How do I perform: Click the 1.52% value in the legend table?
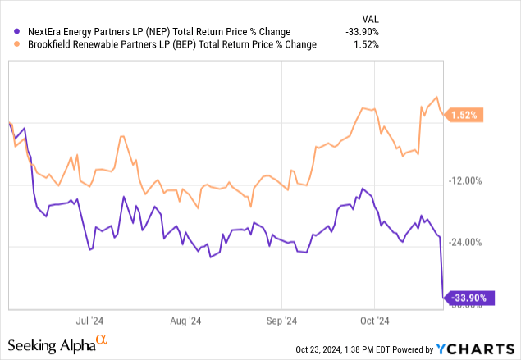pos(365,44)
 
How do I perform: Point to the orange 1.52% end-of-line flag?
pos(464,116)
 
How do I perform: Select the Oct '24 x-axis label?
pos(374,321)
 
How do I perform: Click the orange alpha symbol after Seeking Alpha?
pos(102,339)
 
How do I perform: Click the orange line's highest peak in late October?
pos(436,98)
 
